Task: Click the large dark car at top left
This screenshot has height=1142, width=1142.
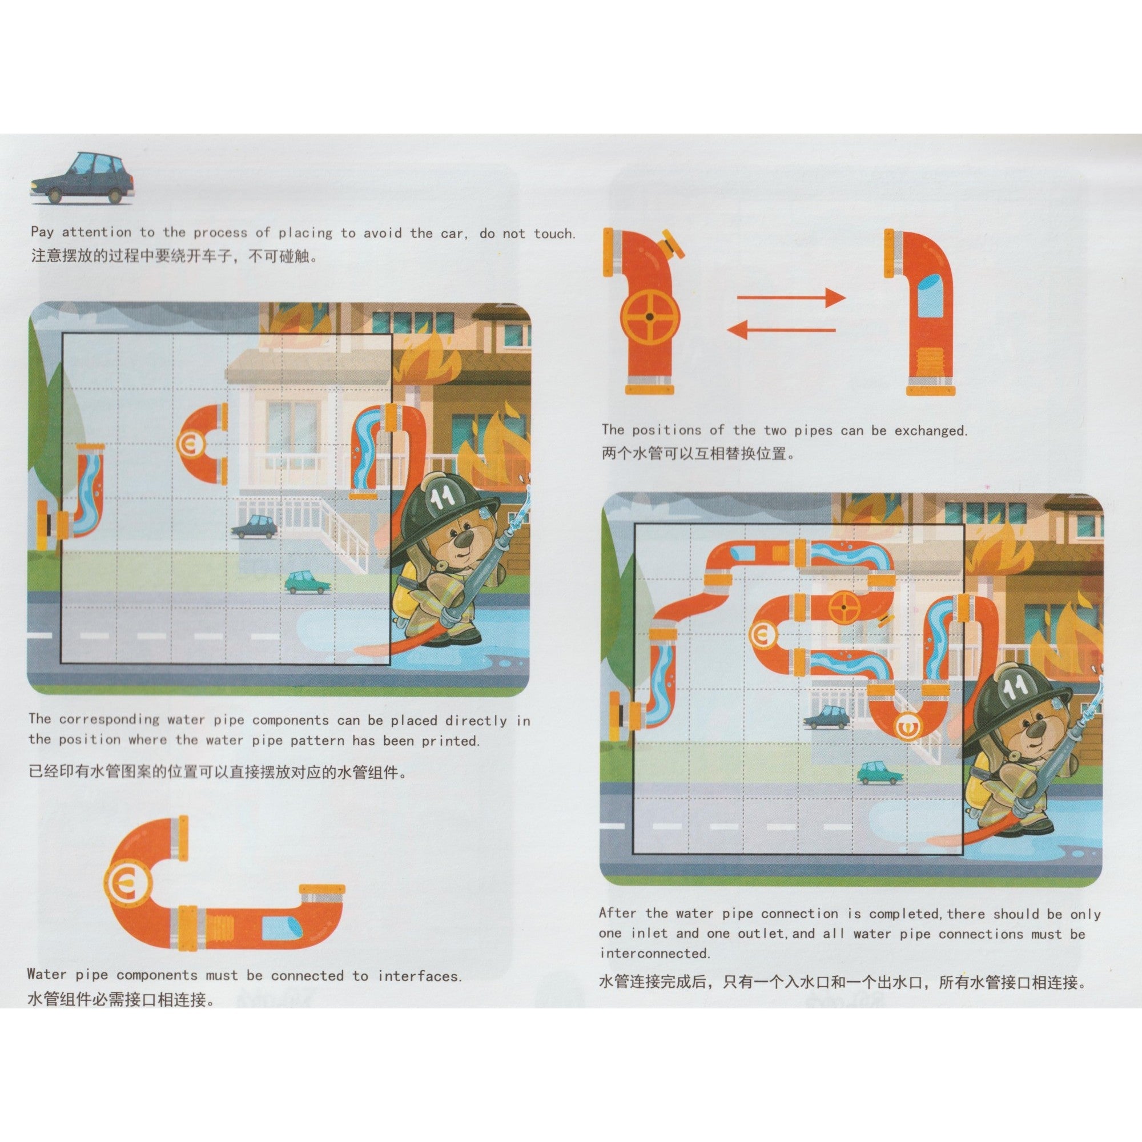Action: (x=82, y=178)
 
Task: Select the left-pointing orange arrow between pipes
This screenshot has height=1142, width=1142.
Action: (x=780, y=329)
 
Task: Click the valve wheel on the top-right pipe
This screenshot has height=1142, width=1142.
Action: (x=650, y=317)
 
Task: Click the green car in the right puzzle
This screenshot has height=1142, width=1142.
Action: (x=880, y=773)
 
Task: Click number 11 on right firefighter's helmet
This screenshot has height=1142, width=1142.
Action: (x=1015, y=686)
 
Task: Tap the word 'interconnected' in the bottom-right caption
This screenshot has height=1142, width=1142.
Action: (x=654, y=954)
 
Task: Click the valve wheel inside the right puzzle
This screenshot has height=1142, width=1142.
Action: (x=845, y=606)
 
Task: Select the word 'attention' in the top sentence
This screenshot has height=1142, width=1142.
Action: (x=96, y=232)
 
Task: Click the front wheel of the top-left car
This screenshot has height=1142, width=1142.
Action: (x=55, y=195)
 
